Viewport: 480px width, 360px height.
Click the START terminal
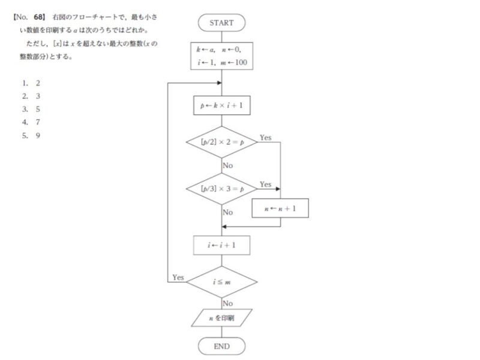tap(221, 23)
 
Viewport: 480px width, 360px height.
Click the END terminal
tap(221, 346)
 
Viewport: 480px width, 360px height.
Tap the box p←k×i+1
tap(221, 106)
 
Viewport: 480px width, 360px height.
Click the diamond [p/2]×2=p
tap(221, 142)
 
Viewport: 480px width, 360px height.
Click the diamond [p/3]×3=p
tap(221, 189)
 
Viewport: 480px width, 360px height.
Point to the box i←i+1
tap(221, 245)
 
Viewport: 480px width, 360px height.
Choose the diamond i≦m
tap(221, 281)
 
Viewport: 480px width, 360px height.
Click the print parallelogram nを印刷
tap(221, 317)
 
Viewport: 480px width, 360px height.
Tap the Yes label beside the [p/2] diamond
tap(265, 138)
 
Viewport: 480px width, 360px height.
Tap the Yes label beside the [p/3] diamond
tap(265, 184)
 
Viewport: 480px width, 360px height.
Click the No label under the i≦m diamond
tap(228, 303)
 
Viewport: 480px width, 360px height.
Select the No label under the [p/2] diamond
tap(228, 165)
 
